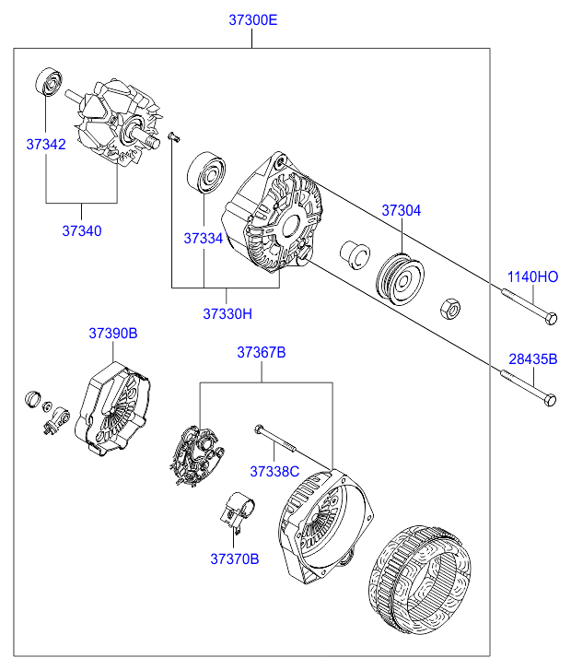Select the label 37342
(x=45, y=144)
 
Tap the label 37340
(x=82, y=230)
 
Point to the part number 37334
(x=203, y=238)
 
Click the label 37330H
(x=227, y=313)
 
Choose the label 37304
(x=402, y=210)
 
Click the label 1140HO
(x=532, y=276)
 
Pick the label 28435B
(x=533, y=359)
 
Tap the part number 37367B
(x=262, y=352)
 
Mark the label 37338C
(x=274, y=471)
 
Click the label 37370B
(x=235, y=558)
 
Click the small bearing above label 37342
(x=48, y=83)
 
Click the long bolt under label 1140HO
(x=530, y=307)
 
